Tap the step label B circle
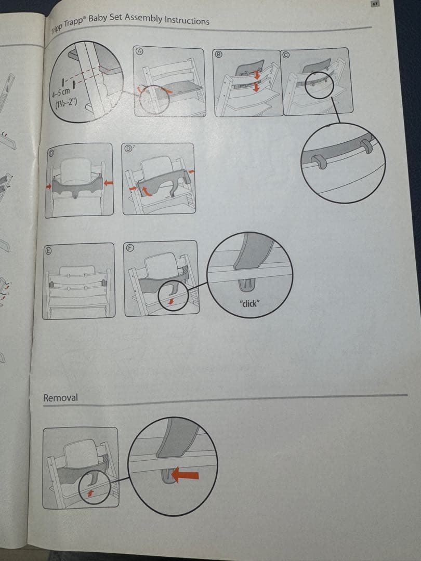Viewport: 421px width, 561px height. pyautogui.click(x=218, y=54)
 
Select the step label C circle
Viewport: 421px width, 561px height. pyautogui.click(x=286, y=55)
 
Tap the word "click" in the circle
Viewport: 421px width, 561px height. pyautogui.click(x=249, y=303)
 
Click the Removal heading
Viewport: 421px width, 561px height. pyautogui.click(x=60, y=397)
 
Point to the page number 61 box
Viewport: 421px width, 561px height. pyautogui.click(x=374, y=4)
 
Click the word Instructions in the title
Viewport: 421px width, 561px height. pyautogui.click(x=187, y=20)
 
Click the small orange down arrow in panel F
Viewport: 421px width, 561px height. pyautogui.click(x=171, y=302)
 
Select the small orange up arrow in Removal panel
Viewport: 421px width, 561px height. pyautogui.click(x=90, y=493)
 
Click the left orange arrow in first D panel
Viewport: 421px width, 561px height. pyautogui.click(x=49, y=186)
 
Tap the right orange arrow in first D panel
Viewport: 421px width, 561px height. pyautogui.click(x=108, y=183)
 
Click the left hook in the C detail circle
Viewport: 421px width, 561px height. pyautogui.click(x=319, y=162)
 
